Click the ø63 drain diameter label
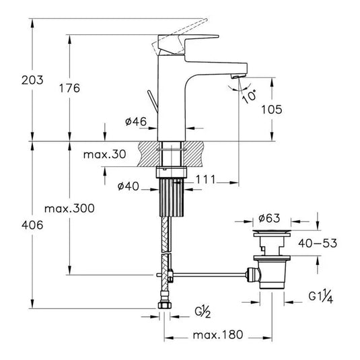point(271,219)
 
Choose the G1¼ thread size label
point(322,295)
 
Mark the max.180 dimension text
point(214,334)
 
